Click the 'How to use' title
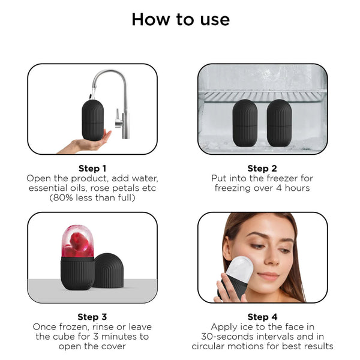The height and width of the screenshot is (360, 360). pyautogui.click(x=181, y=20)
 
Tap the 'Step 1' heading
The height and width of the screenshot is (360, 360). pyautogui.click(x=92, y=169)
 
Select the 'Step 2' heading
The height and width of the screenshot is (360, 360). pyautogui.click(x=262, y=169)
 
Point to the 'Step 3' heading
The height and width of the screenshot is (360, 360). pyautogui.click(x=92, y=317)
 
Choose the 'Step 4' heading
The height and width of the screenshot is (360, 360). pyautogui.click(x=262, y=317)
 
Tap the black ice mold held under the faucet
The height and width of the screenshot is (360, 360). pyautogui.click(x=93, y=120)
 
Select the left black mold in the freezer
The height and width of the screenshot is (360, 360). pyautogui.click(x=245, y=123)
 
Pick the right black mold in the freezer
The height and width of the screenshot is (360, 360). pyautogui.click(x=279, y=123)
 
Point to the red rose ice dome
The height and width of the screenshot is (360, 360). pyautogui.click(x=77, y=242)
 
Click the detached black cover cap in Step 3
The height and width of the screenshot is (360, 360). pyautogui.click(x=109, y=271)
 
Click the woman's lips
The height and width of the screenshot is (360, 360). pyautogui.click(x=268, y=276)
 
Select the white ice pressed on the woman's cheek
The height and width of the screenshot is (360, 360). pyautogui.click(x=239, y=269)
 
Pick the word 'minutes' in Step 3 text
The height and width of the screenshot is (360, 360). pyautogui.click(x=118, y=337)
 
